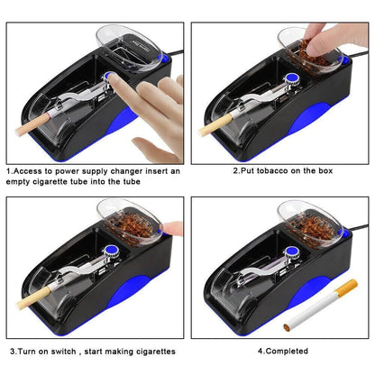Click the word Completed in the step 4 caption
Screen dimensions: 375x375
(x=290, y=351)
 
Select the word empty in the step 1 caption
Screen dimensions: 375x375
(x=21, y=179)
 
